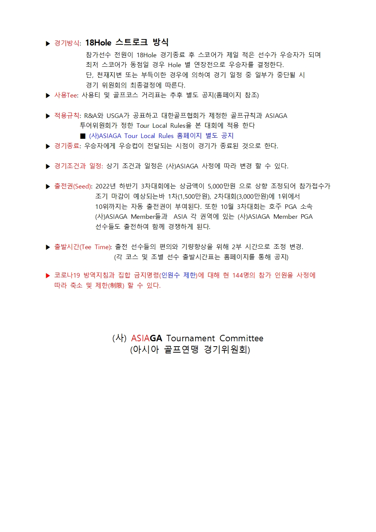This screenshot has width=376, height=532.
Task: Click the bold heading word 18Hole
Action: [98, 42]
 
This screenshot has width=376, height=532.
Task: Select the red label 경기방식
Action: [67, 43]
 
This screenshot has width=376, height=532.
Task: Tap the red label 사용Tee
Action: [66, 95]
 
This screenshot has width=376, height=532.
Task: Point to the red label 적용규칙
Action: [67, 116]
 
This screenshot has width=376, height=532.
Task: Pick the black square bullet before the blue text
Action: [83, 136]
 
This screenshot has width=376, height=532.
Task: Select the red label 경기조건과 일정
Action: [78, 166]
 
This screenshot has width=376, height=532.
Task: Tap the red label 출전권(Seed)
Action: [73, 186]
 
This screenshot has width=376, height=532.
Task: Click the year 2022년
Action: [105, 186]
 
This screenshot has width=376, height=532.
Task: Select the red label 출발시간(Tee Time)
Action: [83, 247]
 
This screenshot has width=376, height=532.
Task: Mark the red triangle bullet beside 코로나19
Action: [48, 276]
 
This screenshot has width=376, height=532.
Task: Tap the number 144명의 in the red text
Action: [244, 275]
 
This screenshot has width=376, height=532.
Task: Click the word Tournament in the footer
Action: [191, 338]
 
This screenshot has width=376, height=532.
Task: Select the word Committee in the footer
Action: [241, 338]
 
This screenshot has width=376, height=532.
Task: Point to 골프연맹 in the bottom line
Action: [181, 349]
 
